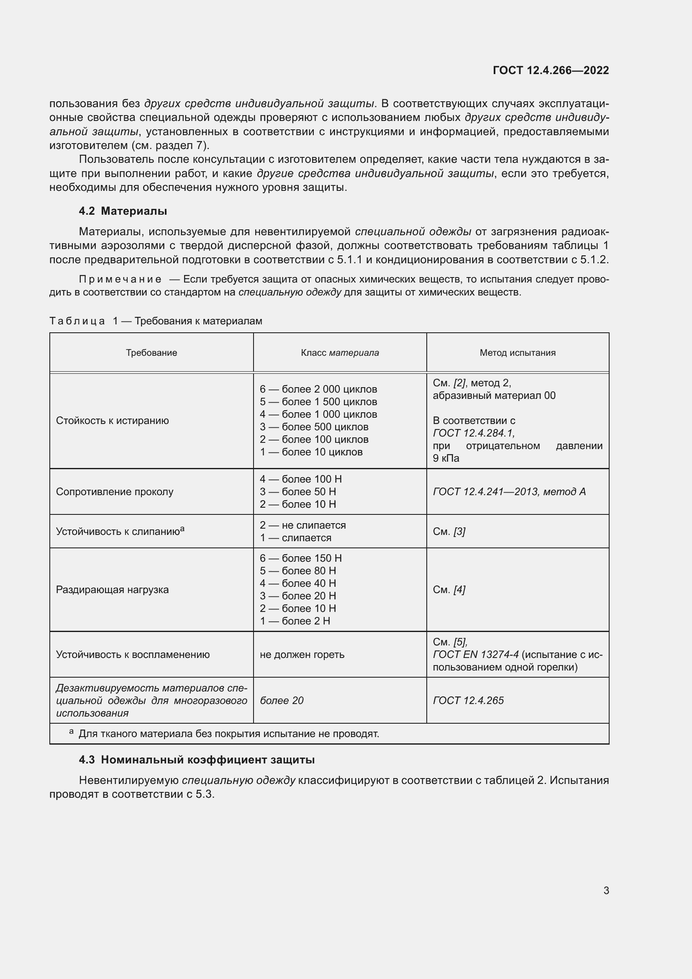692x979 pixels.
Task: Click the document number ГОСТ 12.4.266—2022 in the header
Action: tap(551, 70)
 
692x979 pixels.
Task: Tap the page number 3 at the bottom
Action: tap(606, 890)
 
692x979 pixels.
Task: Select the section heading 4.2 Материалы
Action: tap(123, 211)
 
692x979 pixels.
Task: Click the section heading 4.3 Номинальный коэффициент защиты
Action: tap(197, 759)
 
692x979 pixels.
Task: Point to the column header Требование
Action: tap(151, 352)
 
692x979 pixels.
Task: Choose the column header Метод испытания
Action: tap(517, 352)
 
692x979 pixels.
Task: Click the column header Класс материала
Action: tap(340, 352)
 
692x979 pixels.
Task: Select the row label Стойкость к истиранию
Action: tap(113, 420)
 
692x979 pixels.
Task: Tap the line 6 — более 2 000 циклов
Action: tap(318, 389)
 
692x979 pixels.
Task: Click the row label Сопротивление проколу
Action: tap(115, 492)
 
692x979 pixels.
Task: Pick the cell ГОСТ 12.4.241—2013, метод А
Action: tap(509, 492)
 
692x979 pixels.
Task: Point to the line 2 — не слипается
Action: tap(302, 525)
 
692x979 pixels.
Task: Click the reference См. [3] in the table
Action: tap(449, 531)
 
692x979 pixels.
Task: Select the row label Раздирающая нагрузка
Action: tap(112, 590)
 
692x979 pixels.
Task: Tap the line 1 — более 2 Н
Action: tap(295, 621)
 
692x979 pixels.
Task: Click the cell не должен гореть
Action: tap(302, 655)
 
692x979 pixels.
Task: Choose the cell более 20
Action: tap(281, 701)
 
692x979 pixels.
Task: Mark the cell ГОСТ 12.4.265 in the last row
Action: tap(468, 701)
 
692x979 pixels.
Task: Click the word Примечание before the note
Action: tap(120, 279)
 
